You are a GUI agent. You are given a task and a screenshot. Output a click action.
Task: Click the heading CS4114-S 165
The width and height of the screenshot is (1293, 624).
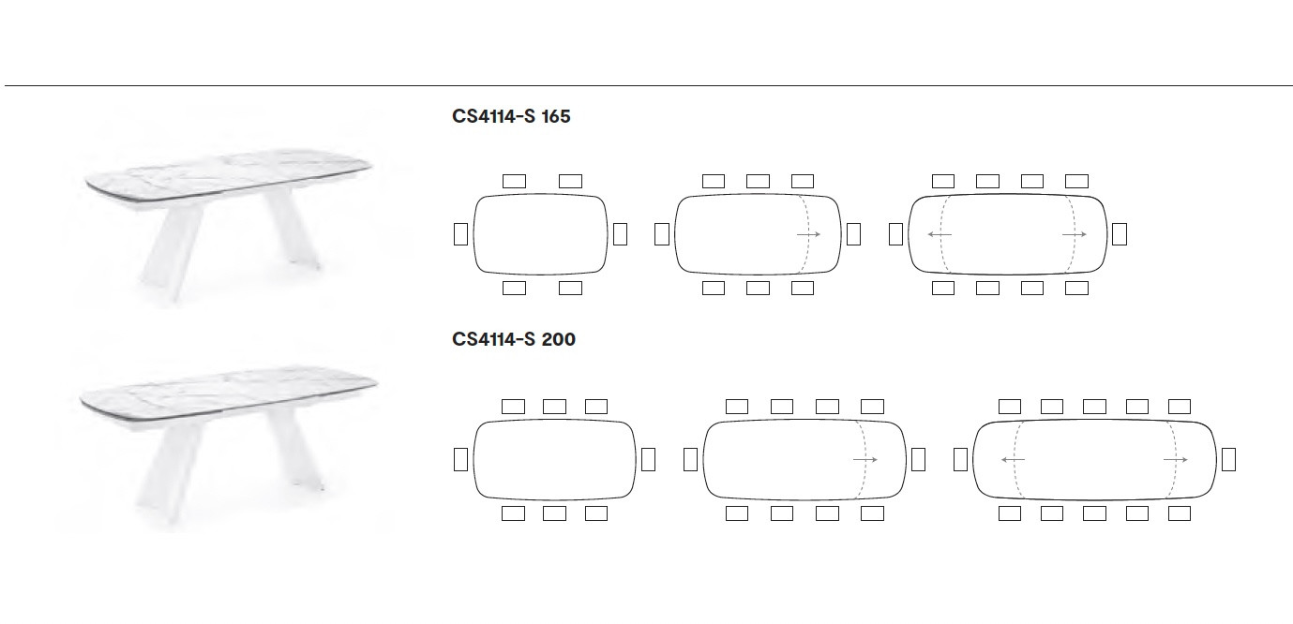[511, 116]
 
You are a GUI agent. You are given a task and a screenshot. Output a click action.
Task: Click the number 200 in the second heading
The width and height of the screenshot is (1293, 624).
[559, 339]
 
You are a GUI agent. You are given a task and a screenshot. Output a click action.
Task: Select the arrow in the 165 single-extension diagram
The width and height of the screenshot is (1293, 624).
[808, 234]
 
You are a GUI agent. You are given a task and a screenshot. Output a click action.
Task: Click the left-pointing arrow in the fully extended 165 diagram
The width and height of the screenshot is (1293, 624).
[940, 234]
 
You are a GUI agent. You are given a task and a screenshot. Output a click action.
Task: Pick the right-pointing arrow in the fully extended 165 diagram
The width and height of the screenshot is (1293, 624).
[1075, 234]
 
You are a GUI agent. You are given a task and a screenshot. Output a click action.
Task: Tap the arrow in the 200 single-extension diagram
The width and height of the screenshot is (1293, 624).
[865, 460]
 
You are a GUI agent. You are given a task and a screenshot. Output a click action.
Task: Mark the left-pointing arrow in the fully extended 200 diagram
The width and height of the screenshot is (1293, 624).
[1013, 460]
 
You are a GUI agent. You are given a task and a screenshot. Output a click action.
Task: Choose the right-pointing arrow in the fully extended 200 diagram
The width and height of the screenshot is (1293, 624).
[1175, 460]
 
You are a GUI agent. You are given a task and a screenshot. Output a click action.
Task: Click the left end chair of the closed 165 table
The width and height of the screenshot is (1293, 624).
[460, 234]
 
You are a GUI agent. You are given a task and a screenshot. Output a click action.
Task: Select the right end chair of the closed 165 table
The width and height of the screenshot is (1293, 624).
[620, 234]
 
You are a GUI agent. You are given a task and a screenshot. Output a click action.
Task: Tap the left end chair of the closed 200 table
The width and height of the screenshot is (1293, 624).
[460, 460]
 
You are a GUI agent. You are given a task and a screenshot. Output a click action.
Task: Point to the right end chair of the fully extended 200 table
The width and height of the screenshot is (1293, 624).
[1228, 460]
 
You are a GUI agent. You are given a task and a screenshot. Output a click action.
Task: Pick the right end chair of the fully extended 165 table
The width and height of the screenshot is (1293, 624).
[1120, 234]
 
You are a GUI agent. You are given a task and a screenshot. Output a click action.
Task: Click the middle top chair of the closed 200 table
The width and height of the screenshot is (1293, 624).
[555, 407]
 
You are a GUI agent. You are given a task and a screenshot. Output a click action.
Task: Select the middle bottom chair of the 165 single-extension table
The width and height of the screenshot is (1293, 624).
[758, 288]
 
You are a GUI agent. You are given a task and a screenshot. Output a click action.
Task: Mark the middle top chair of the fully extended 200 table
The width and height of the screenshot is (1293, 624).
[1094, 407]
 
